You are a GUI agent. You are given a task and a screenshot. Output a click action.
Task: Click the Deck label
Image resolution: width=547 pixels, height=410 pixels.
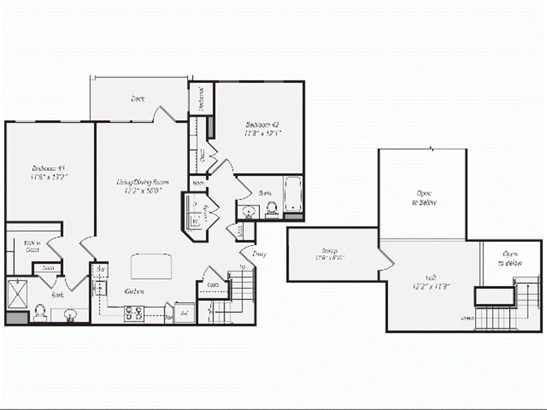pyautogui.click(x=138, y=99)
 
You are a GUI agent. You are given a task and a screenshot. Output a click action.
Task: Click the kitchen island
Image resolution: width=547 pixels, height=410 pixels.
pyautogui.click(x=152, y=266)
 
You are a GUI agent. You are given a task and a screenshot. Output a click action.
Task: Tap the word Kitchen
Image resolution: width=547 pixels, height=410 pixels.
pyautogui.click(x=135, y=291)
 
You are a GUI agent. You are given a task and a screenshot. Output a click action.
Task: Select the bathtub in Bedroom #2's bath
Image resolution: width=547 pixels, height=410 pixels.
pyautogui.click(x=294, y=196)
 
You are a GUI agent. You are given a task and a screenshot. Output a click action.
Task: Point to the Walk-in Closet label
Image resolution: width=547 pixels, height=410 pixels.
pyautogui.click(x=32, y=246)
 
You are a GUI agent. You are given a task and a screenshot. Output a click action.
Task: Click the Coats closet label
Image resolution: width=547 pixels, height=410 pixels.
pyautogui.click(x=212, y=285)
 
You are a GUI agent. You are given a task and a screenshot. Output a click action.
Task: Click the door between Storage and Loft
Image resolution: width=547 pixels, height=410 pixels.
pyautogui.click(x=386, y=261)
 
